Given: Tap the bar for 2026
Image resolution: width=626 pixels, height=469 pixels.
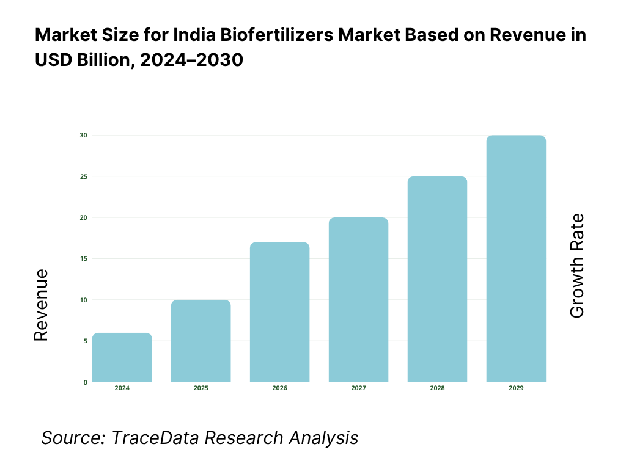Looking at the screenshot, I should point(280,312).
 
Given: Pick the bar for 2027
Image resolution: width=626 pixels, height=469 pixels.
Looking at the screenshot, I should point(359,300).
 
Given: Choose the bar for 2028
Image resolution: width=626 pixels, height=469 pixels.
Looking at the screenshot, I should point(438,279).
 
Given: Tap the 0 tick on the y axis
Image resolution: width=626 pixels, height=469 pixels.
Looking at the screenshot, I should point(85,382).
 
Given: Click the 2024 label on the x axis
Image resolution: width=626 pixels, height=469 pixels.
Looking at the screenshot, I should point(122,388).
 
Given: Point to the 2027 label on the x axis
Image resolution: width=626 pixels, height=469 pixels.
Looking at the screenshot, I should point(359,388).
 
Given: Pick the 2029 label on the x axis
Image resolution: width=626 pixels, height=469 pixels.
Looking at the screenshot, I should point(516,388).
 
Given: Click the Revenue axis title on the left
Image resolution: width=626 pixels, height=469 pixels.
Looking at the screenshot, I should point(41,305).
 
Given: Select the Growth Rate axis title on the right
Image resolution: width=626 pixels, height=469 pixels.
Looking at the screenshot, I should point(576,266).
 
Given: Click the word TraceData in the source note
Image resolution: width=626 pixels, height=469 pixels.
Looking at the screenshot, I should point(156,438).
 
